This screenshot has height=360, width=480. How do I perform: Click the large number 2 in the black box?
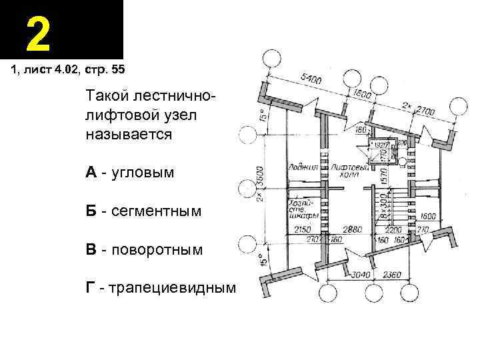(x=39, y=34)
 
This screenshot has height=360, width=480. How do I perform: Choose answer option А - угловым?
(x=129, y=173)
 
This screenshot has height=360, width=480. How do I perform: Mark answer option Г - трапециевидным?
(x=161, y=288)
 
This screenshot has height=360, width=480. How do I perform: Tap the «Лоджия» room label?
(x=302, y=165)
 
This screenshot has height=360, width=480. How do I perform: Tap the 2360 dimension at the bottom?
(x=411, y=274)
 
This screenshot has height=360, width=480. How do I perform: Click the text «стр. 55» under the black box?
(x=103, y=69)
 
